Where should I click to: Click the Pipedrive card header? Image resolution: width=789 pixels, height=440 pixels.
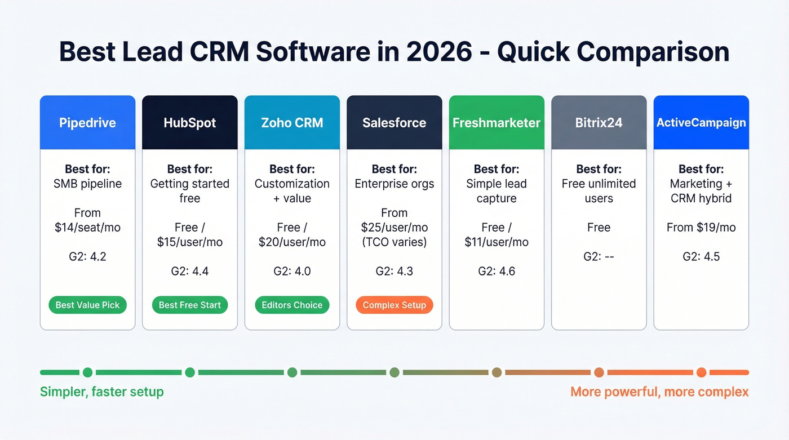click(x=87, y=123)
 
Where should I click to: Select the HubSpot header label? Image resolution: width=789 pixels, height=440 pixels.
click(x=190, y=123)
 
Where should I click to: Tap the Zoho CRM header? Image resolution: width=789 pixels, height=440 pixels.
click(x=292, y=123)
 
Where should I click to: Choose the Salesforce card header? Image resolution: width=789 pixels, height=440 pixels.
click(x=394, y=123)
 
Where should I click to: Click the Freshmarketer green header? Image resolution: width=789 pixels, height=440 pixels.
click(x=497, y=123)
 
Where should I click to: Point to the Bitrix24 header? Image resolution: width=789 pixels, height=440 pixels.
click(x=599, y=123)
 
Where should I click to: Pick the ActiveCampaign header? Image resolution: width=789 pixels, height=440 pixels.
click(x=701, y=123)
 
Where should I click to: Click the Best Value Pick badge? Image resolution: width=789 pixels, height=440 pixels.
click(x=87, y=305)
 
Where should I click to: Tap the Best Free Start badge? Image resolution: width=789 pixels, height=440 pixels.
click(x=190, y=305)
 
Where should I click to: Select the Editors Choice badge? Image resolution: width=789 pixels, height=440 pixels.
click(x=292, y=305)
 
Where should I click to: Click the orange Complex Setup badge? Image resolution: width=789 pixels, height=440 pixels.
click(x=394, y=305)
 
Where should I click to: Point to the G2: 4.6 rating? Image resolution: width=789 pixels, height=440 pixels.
click(x=497, y=271)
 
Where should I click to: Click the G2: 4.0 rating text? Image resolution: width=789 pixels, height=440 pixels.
click(x=292, y=271)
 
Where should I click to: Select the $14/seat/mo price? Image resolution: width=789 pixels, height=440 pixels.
click(x=87, y=228)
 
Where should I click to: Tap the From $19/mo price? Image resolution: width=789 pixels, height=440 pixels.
click(x=701, y=228)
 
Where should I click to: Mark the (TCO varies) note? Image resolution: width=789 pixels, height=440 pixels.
click(x=394, y=242)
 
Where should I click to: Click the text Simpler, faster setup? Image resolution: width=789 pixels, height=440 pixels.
click(x=101, y=392)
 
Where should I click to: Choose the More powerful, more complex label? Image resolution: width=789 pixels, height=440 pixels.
click(x=659, y=392)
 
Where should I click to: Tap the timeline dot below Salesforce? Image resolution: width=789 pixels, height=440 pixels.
click(x=394, y=372)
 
